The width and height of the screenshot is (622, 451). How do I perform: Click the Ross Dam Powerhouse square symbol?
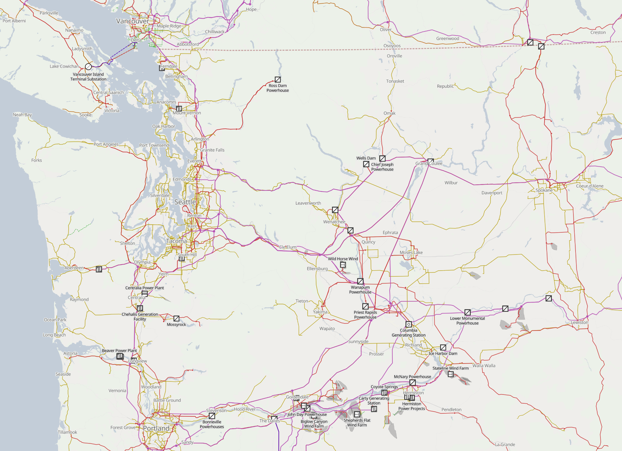(x=278, y=80)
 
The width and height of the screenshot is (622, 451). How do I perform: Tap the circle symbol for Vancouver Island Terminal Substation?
(x=88, y=67)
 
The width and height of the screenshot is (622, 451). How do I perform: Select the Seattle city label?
(x=185, y=202)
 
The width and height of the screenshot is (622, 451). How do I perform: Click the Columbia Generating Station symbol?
(x=409, y=324)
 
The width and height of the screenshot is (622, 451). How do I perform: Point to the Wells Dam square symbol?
(x=382, y=159)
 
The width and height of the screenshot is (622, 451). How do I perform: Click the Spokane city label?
(x=544, y=190)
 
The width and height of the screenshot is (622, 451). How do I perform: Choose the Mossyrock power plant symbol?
(x=176, y=319)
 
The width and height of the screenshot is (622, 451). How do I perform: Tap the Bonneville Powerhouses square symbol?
(x=212, y=416)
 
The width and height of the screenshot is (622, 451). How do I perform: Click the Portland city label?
(x=156, y=428)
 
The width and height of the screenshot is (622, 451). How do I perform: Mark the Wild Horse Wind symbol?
(x=343, y=265)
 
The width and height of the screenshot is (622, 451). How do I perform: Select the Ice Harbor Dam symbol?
(x=443, y=347)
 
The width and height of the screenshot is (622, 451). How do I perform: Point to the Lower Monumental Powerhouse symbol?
(x=467, y=312)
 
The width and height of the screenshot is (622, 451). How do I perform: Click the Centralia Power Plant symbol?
(x=145, y=293)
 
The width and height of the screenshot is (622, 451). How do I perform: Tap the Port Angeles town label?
(x=106, y=144)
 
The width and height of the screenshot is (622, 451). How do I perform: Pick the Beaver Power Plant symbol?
(x=120, y=356)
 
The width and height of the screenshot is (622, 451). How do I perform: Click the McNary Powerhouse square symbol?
(x=412, y=383)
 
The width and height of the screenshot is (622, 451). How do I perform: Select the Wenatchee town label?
(x=334, y=222)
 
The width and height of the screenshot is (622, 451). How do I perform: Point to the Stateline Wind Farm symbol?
(x=451, y=374)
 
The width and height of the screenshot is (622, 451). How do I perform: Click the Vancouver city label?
(x=132, y=21)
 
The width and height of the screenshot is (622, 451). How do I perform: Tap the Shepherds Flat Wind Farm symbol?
(x=357, y=414)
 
